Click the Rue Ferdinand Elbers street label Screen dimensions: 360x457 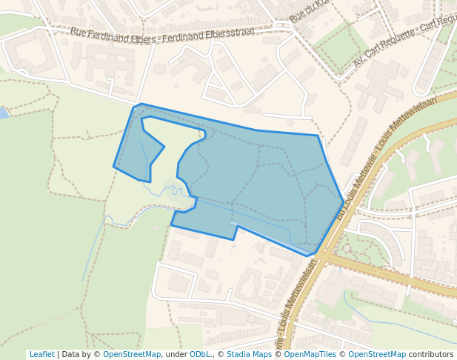coord(162,33)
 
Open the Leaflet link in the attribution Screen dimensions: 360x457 coord(42,354)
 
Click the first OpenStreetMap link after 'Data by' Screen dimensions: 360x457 coord(132,354)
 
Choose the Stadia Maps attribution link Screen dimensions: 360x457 coord(249,354)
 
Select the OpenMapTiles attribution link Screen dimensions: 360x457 coord(309,354)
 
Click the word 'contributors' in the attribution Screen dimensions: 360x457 coord(431,354)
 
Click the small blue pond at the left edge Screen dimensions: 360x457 coord(3,113)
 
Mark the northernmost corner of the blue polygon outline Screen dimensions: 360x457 coord(141,104)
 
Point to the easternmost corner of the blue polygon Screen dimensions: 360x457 coord(344,200)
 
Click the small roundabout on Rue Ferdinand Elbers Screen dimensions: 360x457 coord(281,24)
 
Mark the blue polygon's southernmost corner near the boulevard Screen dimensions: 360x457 coord(310,256)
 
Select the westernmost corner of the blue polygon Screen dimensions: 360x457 coord(113,167)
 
